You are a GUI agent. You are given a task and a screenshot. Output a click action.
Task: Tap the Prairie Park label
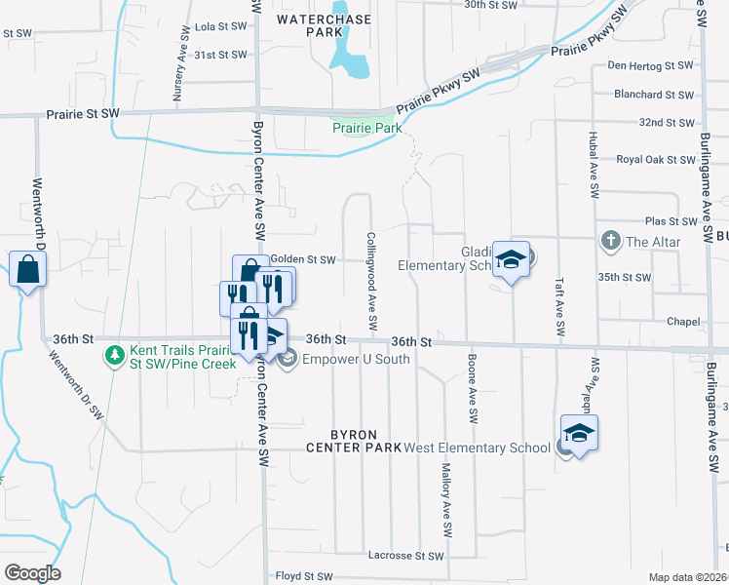[366, 128]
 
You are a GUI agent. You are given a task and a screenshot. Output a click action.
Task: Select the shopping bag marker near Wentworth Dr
[27, 268]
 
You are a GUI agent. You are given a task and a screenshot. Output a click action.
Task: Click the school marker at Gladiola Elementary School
[510, 260]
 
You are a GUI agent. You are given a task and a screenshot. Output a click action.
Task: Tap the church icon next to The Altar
[610, 240]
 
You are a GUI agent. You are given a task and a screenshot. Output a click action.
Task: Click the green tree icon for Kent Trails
[115, 352]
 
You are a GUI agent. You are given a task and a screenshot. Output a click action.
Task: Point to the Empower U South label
[355, 360]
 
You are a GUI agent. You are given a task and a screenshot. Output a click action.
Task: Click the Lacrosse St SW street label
[405, 556]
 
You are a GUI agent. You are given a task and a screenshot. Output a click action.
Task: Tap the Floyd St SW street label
[306, 576]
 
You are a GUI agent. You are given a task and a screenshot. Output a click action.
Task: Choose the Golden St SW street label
[302, 260]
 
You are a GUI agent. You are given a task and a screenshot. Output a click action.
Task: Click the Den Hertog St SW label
[650, 65]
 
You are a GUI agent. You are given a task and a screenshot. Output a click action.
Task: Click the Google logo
[32, 573]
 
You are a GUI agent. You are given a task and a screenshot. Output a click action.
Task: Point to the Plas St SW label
[668, 222]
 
